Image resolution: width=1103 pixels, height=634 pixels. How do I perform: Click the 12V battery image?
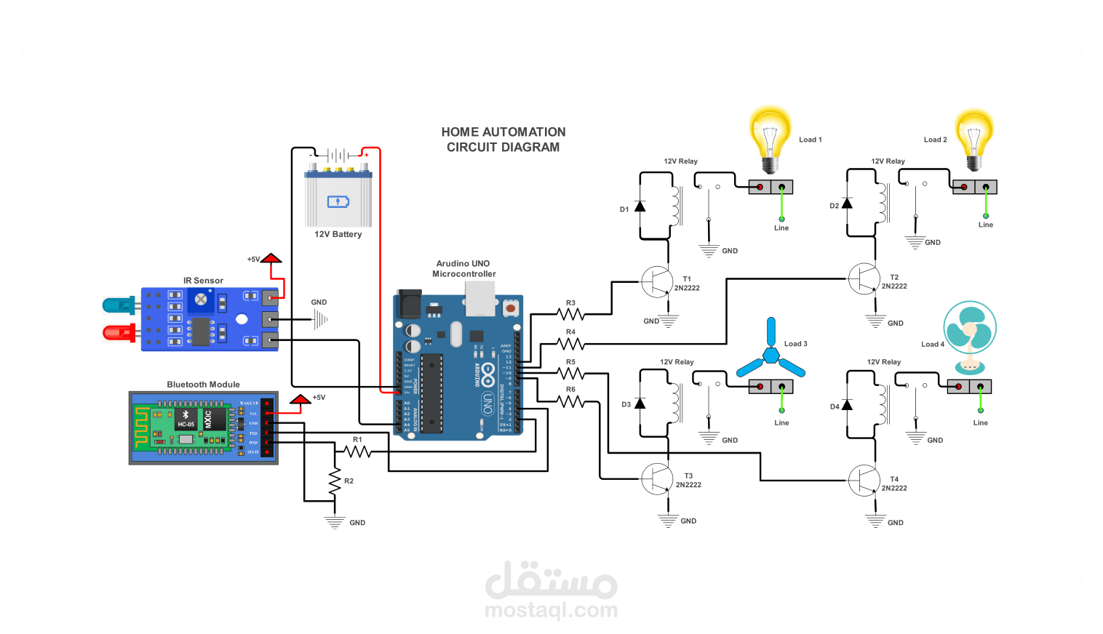338,196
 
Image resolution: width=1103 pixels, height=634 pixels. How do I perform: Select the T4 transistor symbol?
864,481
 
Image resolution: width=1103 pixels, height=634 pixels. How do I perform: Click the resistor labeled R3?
571,314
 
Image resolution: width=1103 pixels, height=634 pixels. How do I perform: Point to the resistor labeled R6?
571,401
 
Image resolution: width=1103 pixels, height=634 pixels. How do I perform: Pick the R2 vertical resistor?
335,481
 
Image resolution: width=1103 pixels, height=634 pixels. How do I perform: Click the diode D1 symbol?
640,206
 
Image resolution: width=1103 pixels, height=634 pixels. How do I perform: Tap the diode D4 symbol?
847,405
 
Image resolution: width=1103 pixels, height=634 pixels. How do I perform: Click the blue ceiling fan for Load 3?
770,356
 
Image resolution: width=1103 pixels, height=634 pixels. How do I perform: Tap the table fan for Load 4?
969,334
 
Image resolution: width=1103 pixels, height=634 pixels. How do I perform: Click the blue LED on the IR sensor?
118,305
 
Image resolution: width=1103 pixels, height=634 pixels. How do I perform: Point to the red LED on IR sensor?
118,333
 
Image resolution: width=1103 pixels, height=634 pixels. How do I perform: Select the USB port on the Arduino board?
479,298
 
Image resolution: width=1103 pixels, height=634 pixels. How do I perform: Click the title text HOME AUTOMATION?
503,132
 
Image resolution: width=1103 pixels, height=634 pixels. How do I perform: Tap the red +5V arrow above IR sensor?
271,259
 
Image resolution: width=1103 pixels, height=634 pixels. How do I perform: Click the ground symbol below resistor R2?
335,522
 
